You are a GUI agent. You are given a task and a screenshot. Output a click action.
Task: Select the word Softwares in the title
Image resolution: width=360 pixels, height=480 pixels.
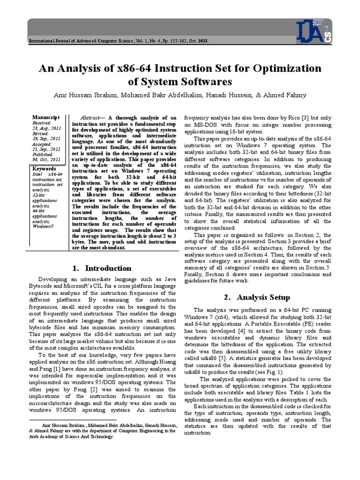pos(196,82)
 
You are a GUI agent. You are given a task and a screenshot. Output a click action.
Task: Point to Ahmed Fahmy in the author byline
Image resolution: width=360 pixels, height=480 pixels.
pos(285,95)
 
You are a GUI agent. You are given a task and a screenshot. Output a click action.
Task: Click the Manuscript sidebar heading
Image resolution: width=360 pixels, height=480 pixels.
pos(46,117)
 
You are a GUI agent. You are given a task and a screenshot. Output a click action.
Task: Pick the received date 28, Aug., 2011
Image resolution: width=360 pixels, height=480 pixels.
pos(46,128)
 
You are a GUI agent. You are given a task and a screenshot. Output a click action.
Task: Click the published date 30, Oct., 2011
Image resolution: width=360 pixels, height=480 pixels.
pos(46,159)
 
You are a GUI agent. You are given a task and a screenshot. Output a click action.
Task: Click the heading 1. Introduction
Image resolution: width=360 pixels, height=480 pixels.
pos(102,268)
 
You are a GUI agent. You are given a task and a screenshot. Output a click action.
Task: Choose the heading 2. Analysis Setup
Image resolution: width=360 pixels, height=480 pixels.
pos(256,297)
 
